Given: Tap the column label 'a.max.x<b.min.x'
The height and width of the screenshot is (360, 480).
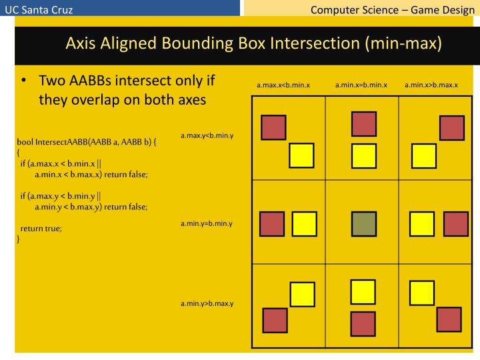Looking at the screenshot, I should [283, 85].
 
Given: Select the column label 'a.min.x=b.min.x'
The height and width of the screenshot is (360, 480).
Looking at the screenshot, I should [361, 85].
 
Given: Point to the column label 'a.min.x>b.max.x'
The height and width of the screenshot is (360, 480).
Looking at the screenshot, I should [431, 85].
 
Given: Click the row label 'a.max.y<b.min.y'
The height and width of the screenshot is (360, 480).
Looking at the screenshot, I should [206, 136].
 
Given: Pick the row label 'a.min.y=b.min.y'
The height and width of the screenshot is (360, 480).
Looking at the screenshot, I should [206, 223].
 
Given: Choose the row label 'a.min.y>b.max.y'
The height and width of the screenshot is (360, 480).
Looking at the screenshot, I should [206, 303].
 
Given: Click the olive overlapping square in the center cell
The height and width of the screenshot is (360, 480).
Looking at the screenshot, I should [363, 223].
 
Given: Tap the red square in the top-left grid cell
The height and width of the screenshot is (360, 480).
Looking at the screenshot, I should [273, 127].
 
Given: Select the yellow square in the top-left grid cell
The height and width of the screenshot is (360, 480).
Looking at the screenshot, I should [301, 155].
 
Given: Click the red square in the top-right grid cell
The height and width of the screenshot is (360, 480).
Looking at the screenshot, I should [451, 128].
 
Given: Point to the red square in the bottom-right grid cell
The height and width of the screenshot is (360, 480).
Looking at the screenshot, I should [448, 320].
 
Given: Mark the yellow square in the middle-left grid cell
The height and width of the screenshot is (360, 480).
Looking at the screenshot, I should [304, 223].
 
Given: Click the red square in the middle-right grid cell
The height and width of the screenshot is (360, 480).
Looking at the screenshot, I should [456, 223].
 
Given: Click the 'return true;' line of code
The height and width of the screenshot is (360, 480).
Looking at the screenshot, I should [41, 228].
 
